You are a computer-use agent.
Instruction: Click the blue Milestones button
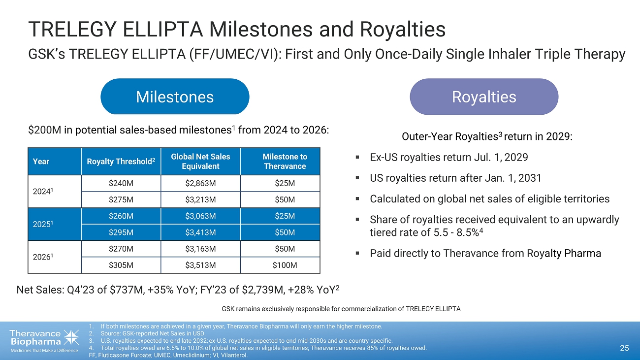pyautogui.click(x=175, y=97)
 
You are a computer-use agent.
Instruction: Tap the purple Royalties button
pyautogui.click(x=484, y=97)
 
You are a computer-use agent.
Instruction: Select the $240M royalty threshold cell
pyautogui.click(x=121, y=183)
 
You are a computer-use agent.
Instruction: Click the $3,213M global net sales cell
pyautogui.click(x=200, y=200)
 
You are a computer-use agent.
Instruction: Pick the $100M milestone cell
pyautogui.click(x=285, y=265)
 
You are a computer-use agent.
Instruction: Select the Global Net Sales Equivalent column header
pyautogui.click(x=200, y=161)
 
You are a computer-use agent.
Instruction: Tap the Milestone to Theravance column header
pyautogui.click(x=285, y=161)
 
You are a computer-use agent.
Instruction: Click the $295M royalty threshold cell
pyautogui.click(x=121, y=232)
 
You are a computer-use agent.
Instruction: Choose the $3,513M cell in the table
pyautogui.click(x=200, y=265)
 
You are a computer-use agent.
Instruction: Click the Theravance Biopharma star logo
pyautogui.click(x=71, y=338)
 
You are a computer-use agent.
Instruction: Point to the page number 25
pyautogui.click(x=624, y=349)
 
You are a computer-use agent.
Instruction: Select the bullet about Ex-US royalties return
pyautogui.click(x=448, y=158)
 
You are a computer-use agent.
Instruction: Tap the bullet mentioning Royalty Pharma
pyautogui.click(x=485, y=254)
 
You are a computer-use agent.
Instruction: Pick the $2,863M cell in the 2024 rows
pyautogui.click(x=200, y=183)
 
